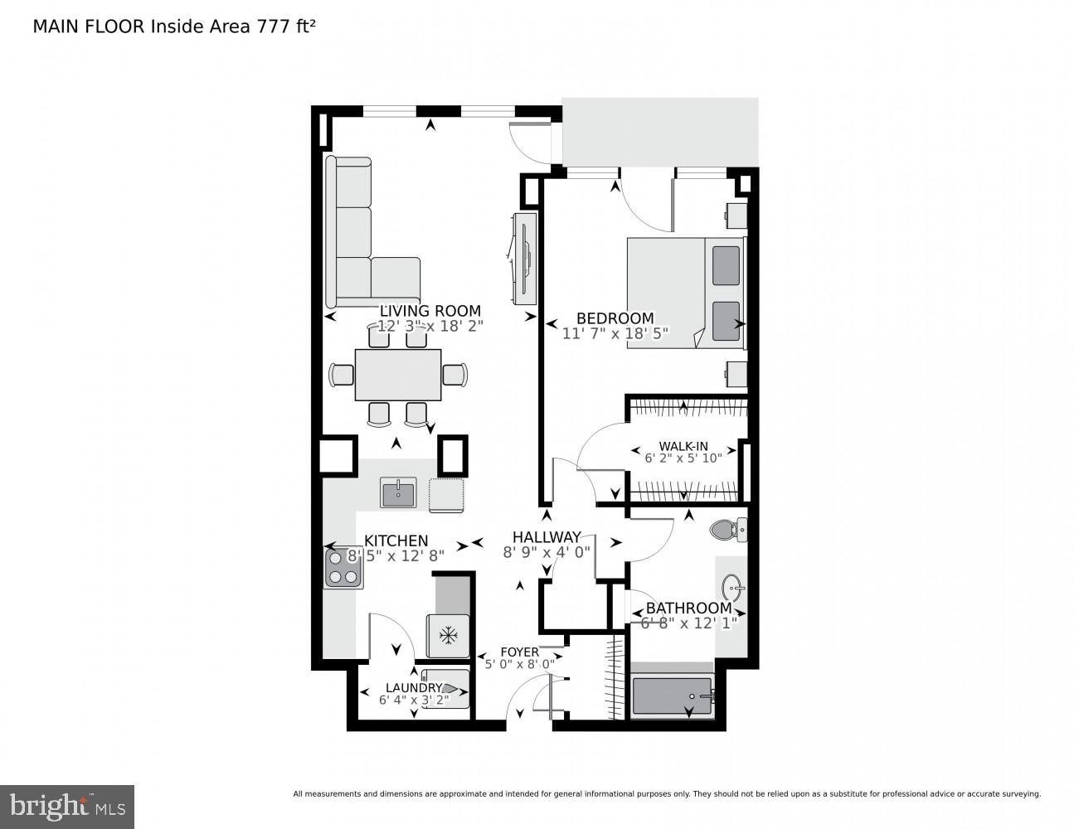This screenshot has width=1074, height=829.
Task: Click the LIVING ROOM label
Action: [x=430, y=311]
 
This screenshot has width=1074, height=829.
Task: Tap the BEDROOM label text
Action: [x=615, y=318]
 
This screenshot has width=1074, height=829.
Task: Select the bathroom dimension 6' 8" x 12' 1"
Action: [x=688, y=623]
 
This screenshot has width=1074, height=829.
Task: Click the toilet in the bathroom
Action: [x=729, y=528]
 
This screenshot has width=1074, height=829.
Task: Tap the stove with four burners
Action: [x=343, y=568]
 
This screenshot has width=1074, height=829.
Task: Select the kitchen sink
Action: [x=398, y=492]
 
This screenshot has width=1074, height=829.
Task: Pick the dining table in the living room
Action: [x=398, y=375]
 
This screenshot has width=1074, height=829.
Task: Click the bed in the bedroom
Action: [x=686, y=293]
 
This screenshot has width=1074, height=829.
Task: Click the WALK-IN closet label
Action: [x=683, y=446]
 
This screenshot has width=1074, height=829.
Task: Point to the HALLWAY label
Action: [x=546, y=537]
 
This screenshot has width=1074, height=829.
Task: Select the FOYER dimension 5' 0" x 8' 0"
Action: [x=520, y=664]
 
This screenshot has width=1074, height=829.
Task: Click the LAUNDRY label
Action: [x=413, y=687]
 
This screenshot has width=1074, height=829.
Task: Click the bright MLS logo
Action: [x=66, y=807]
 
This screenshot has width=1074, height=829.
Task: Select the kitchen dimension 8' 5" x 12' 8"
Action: [x=396, y=555]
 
